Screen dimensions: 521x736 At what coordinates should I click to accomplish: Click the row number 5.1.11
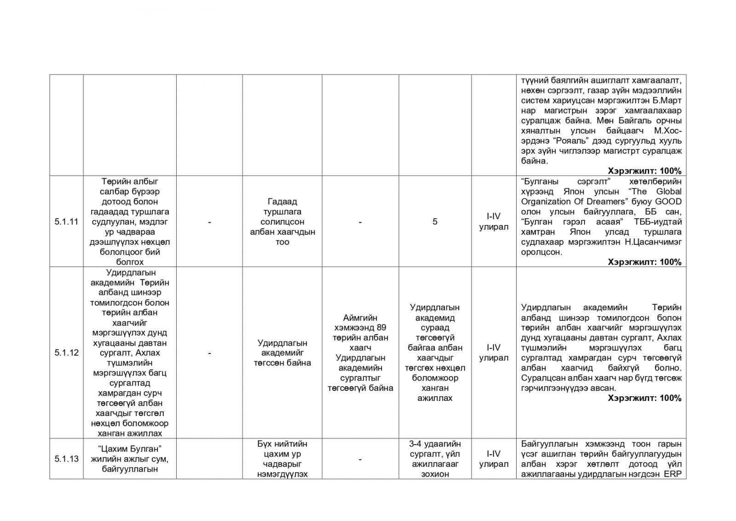tap(66, 221)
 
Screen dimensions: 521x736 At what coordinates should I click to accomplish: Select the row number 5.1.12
tap(66, 353)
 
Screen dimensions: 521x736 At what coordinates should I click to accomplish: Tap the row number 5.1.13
tap(66, 458)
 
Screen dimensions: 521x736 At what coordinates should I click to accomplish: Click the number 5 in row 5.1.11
tap(435, 221)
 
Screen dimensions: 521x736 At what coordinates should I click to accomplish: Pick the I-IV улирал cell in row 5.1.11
tap(494, 221)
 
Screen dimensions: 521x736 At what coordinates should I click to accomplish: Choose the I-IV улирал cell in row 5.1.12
tap(494, 353)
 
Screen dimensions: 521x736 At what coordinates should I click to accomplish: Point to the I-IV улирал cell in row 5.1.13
tap(494, 458)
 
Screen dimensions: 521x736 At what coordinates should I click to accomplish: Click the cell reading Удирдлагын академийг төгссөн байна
tap(282, 353)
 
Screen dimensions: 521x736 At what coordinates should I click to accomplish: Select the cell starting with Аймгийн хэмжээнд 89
tap(360, 353)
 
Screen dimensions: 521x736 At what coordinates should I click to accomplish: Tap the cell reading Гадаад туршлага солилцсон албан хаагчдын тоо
tap(282, 221)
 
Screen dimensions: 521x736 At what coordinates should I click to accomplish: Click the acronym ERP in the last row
tap(672, 474)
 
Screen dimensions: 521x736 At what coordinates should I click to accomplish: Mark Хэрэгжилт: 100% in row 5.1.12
tap(644, 398)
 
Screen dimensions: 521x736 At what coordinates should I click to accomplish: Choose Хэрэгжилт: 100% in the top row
tap(644, 171)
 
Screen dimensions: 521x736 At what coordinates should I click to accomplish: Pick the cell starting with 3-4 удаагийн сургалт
tap(435, 458)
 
